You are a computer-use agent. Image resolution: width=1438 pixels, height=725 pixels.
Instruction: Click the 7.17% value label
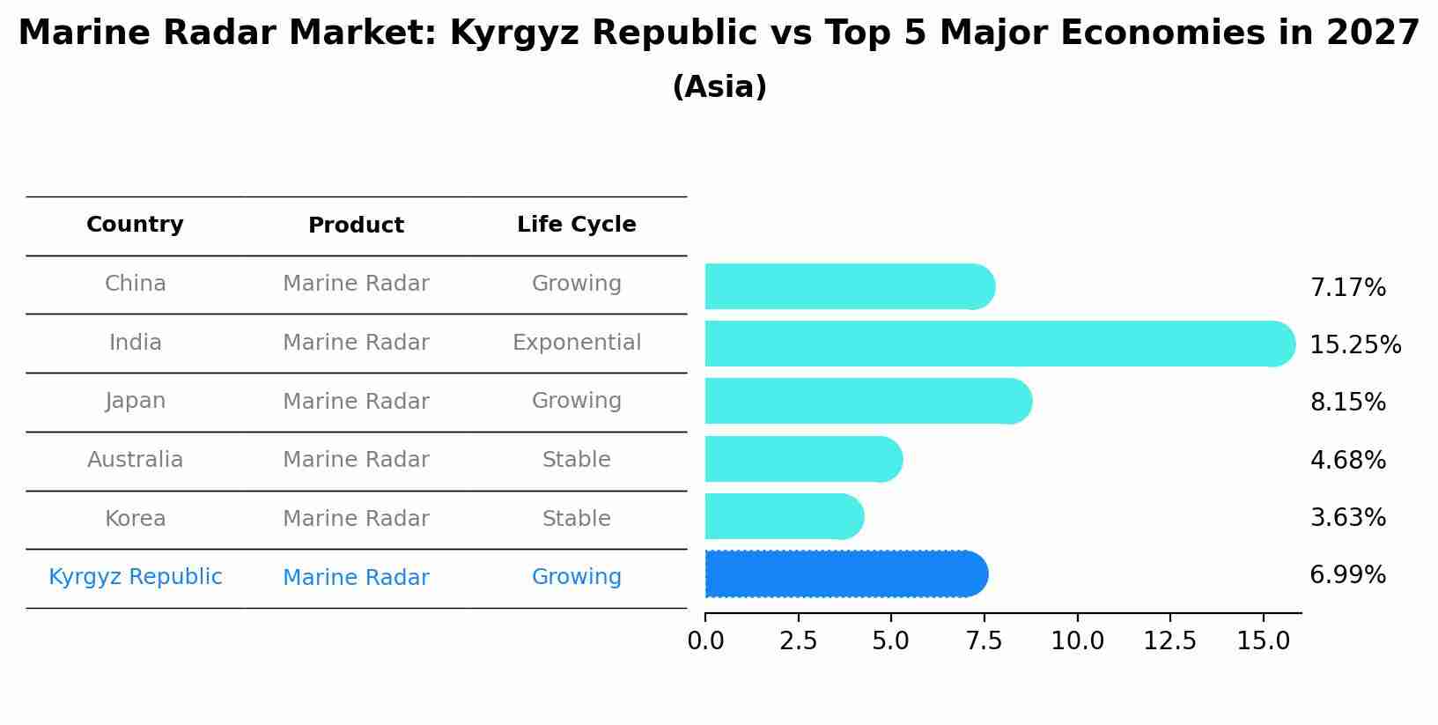pos(1347,288)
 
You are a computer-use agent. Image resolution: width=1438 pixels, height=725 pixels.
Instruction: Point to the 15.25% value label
pos(1354,345)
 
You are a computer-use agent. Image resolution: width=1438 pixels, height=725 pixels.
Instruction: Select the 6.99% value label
pos(1347,575)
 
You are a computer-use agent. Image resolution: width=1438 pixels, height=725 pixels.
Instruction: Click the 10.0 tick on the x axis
pos(1077,641)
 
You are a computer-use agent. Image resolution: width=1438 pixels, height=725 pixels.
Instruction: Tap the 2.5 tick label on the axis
pos(798,641)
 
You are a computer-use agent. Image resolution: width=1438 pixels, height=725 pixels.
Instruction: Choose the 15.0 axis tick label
pos(1263,641)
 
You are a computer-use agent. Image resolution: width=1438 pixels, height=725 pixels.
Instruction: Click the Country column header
pos(135,225)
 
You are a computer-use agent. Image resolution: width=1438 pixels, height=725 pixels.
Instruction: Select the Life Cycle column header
pos(576,225)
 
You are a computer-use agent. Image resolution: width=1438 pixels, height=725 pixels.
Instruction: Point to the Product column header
pos(356,226)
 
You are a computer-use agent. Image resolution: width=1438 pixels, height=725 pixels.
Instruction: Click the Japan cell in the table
pos(135,401)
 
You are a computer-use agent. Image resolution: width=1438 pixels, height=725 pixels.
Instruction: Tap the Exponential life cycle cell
pos(576,343)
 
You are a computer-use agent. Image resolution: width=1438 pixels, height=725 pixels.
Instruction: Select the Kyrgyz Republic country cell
pos(135,577)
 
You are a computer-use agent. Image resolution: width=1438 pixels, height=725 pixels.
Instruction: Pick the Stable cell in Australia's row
pos(576,460)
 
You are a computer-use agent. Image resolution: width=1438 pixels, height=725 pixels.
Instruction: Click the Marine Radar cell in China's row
pos(356,284)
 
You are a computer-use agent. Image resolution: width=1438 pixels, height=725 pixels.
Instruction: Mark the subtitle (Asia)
pos(719,87)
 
